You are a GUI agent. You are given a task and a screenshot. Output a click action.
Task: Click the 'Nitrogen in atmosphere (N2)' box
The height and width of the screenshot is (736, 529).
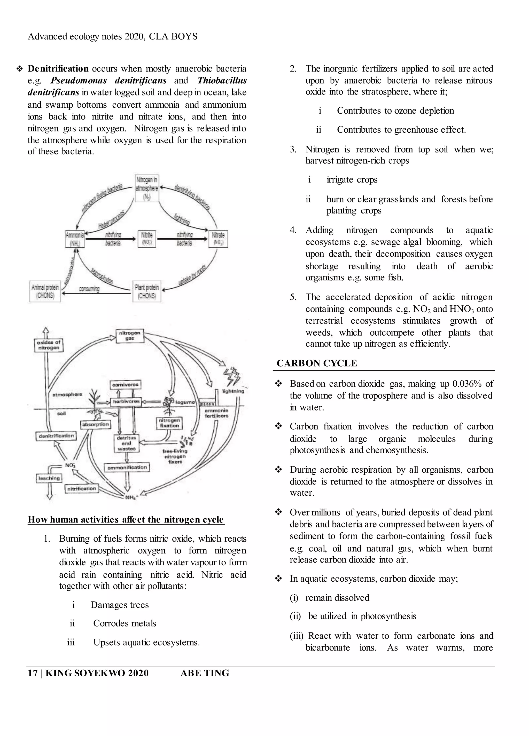click(x=147, y=188)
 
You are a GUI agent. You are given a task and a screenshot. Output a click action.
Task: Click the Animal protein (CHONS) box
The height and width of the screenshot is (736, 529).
click(x=45, y=291)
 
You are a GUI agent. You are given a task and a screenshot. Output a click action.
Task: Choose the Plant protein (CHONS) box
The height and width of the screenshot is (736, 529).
click(x=147, y=291)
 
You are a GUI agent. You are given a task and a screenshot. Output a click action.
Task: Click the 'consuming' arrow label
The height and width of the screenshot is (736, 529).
click(x=89, y=289)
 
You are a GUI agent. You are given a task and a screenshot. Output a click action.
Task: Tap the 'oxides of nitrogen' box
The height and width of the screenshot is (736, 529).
click(x=49, y=345)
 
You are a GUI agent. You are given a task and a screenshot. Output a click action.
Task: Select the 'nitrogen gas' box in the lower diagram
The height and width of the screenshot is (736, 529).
click(x=130, y=336)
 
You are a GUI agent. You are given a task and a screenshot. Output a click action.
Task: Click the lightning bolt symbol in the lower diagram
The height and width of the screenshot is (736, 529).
click(x=232, y=376)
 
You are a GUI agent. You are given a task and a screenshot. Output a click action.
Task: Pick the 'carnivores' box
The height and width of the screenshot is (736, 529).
click(x=125, y=385)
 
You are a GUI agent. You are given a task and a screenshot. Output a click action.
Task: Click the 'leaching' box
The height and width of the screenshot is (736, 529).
click(x=49, y=478)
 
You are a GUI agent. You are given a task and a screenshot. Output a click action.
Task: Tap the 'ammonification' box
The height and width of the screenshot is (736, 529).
click(x=127, y=467)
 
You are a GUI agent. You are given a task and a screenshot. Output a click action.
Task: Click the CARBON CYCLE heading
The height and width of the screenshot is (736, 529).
click(x=317, y=363)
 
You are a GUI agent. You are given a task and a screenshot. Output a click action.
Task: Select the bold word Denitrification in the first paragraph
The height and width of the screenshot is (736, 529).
click(x=58, y=69)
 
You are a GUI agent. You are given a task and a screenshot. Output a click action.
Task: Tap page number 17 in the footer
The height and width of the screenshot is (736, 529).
click(x=33, y=673)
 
